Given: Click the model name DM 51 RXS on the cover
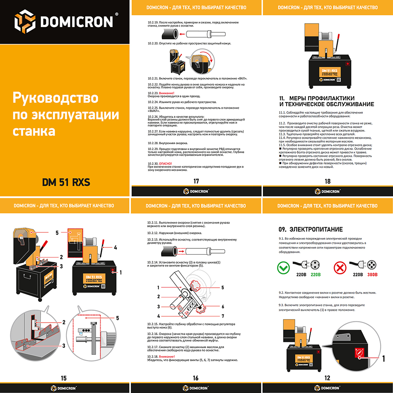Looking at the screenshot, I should tap(66, 182).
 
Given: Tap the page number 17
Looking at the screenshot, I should tap(196, 181).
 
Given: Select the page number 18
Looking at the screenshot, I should tap(328, 181).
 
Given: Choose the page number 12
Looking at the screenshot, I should tap(327, 378).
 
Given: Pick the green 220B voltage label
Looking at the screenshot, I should tap(316, 275).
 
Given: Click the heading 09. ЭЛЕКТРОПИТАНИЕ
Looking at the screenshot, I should tap(310, 229).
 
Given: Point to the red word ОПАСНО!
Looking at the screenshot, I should tap(165, 163).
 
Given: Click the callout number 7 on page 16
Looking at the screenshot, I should tap(222, 316).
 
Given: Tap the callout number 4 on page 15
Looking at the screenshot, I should tap(116, 248).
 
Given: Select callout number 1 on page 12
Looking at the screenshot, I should tap(383, 358).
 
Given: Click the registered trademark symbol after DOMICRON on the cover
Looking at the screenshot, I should tap(116, 14).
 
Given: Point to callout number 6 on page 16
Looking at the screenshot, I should tap(222, 307).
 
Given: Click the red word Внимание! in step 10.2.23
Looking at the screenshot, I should tap(155, 93).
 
